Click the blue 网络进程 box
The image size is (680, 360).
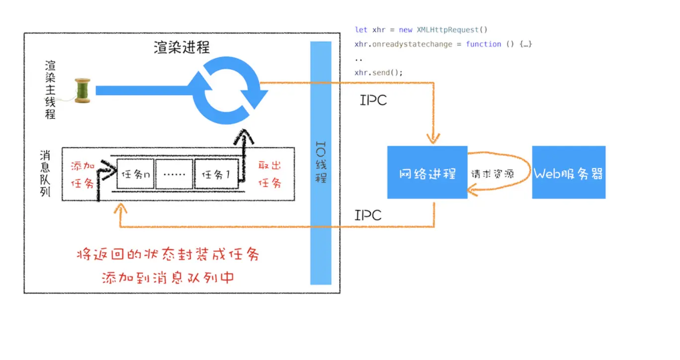pos(427,173)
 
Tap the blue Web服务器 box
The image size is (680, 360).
pos(569,173)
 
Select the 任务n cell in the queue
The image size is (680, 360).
pos(136,174)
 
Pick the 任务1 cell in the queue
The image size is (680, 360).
pos(216,174)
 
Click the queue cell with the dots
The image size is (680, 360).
pos(174,174)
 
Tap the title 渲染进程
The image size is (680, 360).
pos(181,47)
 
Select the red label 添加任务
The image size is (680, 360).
pos(83,175)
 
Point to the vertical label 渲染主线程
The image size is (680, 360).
pos(50,90)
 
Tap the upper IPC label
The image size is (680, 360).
pos(373,100)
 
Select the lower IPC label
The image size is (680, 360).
pos(368,215)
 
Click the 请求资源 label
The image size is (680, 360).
pos(492,174)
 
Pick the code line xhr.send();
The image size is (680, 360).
pos(378,73)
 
